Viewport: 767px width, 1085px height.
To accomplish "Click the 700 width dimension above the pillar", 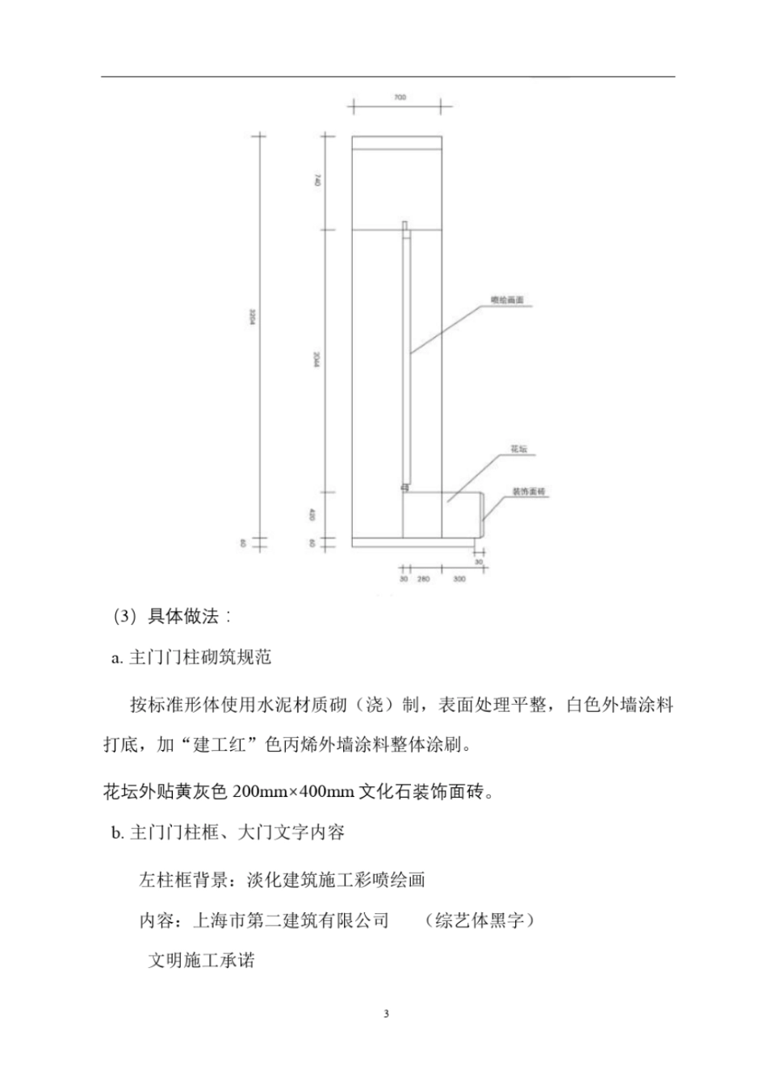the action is (400, 98).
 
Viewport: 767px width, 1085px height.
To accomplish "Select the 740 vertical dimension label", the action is (316, 183).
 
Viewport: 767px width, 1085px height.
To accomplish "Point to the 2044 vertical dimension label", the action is (316, 362).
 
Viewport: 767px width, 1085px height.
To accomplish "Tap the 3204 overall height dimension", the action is (252, 321).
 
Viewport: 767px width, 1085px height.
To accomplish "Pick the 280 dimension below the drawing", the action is (423, 579).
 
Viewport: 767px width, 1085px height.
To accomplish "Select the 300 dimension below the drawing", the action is (459, 579).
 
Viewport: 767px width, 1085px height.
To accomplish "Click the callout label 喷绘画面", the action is (508, 300).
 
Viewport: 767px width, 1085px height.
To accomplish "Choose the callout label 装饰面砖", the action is (528, 492).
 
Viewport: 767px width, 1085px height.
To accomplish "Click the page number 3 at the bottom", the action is (386, 1014).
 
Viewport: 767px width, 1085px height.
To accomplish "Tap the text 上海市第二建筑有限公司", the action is (291, 920).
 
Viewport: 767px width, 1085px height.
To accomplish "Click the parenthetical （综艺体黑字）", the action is (478, 920).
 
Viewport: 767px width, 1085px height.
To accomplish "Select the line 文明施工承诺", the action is (201, 960).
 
